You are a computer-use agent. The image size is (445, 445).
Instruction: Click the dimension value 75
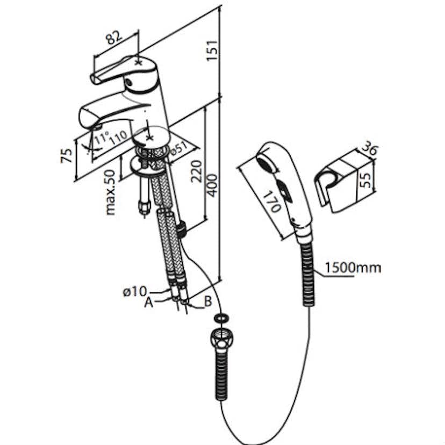coord(67,155)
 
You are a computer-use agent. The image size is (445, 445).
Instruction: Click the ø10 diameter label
coord(134,292)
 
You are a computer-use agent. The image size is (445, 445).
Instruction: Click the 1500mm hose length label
coord(353,267)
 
